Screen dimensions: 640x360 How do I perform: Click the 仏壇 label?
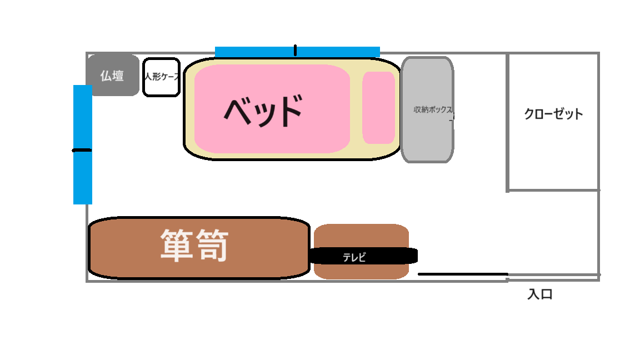(112, 76)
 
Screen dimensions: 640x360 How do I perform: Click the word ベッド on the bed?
(263, 111)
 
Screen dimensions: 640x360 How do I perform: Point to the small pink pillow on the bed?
(378, 107)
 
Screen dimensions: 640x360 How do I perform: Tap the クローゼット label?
(553, 114)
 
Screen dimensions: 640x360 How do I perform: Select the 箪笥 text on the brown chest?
(194, 246)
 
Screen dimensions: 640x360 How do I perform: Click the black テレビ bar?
(389, 256)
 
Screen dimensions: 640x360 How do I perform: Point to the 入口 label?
(539, 294)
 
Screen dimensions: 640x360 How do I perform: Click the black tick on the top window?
(295, 51)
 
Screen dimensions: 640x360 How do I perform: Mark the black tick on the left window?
(82, 150)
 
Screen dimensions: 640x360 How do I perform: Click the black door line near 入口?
(462, 274)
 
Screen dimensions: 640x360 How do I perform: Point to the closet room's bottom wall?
(553, 190)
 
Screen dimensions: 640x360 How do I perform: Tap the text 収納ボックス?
(433, 109)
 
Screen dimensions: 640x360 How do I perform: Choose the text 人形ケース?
(161, 77)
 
